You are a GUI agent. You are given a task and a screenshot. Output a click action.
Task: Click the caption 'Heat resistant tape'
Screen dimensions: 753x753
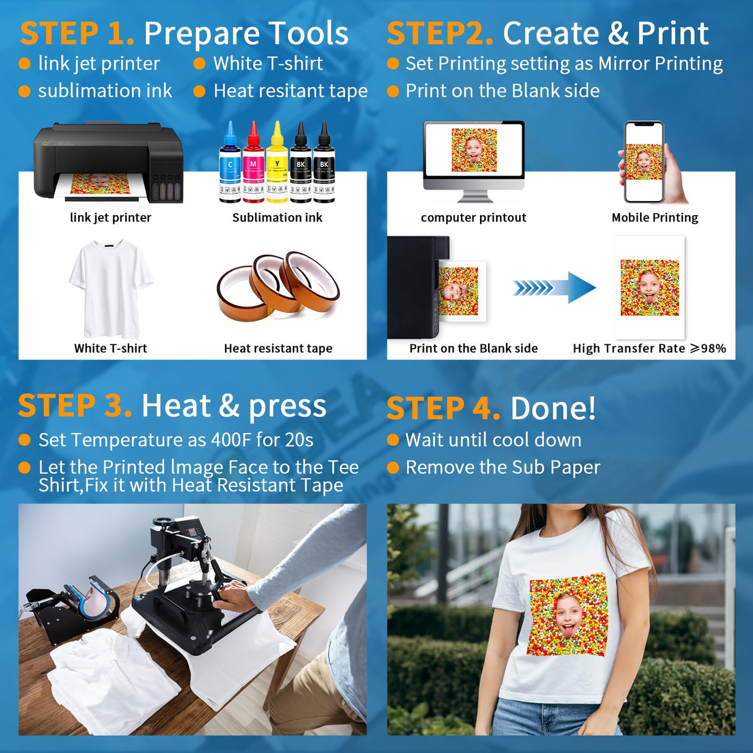tap(278, 349)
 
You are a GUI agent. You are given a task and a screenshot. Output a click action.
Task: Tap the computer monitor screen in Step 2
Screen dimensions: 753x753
tap(474, 151)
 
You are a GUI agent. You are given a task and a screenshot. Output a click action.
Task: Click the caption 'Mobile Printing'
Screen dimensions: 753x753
tap(654, 218)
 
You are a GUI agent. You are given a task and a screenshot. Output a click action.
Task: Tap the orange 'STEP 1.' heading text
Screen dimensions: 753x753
tap(77, 33)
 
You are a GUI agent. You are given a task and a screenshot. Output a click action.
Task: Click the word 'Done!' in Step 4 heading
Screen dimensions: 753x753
tap(553, 409)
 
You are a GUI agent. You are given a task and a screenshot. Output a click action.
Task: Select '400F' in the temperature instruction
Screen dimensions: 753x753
tap(231, 440)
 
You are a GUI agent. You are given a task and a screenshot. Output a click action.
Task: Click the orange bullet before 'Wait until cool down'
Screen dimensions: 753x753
tap(393, 440)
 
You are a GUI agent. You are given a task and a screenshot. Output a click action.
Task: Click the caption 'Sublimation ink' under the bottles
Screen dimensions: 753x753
tap(277, 218)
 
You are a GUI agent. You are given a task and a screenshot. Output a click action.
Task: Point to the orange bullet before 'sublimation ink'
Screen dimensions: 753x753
tap(25, 92)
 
